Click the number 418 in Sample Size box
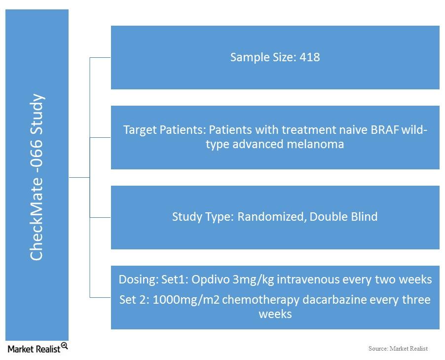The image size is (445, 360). (x=310, y=57)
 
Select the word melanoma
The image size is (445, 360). (x=315, y=144)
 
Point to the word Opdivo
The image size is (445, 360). (x=210, y=280)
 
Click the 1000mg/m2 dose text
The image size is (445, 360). (x=186, y=300)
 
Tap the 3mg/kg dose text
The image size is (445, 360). (x=253, y=280)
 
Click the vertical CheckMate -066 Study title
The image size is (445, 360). (x=37, y=177)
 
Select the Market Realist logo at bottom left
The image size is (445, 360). (x=37, y=348)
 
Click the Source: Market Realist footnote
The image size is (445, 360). (x=398, y=348)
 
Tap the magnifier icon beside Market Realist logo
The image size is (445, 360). (x=65, y=346)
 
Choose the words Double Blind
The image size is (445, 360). (x=343, y=217)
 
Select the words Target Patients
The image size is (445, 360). (x=163, y=130)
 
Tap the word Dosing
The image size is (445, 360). (x=138, y=280)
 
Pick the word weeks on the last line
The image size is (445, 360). (x=275, y=314)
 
